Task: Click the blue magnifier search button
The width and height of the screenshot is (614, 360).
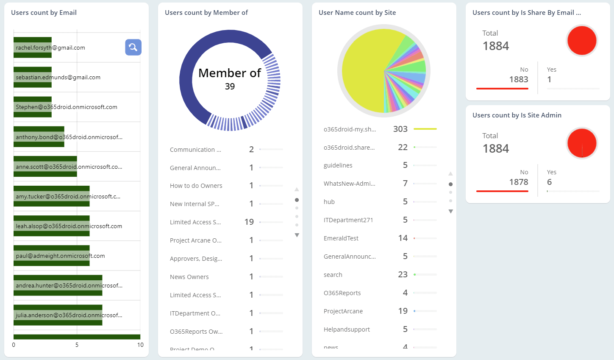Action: click(x=133, y=47)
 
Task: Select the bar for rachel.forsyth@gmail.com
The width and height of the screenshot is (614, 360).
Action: click(x=33, y=47)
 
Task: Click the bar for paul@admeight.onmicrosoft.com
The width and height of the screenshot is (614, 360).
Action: click(x=51, y=256)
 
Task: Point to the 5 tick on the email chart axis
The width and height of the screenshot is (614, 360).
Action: click(x=77, y=345)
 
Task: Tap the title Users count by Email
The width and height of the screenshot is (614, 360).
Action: click(x=44, y=13)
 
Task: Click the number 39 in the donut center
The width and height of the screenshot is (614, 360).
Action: click(x=230, y=87)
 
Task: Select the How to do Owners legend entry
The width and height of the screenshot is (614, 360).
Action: click(x=196, y=186)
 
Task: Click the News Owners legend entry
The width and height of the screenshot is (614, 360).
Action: click(x=189, y=277)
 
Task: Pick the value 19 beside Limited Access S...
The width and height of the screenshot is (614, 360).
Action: click(x=249, y=222)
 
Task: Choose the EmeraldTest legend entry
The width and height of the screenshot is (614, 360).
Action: click(x=341, y=238)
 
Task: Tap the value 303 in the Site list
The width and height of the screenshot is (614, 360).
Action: click(x=400, y=129)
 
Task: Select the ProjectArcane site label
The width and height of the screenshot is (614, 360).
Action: click(x=343, y=311)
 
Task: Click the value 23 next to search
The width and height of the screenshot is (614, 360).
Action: click(x=403, y=275)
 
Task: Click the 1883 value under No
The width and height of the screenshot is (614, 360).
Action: click(x=518, y=79)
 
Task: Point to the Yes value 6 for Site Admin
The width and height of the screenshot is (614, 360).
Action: click(x=549, y=182)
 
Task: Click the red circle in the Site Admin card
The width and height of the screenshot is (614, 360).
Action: click(x=581, y=143)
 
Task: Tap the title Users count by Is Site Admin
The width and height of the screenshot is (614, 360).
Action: click(x=517, y=115)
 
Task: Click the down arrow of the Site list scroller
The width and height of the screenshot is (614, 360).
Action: click(x=450, y=211)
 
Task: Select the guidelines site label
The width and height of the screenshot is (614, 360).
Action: click(x=338, y=165)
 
